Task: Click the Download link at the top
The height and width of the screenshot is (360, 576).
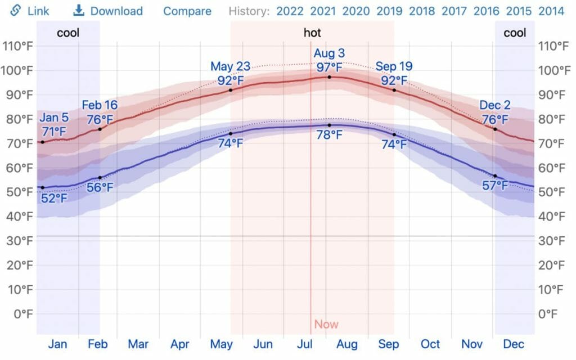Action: [x=109, y=11]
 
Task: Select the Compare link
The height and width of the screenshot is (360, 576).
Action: [x=187, y=11]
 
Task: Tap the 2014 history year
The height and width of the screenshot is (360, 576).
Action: [x=552, y=11]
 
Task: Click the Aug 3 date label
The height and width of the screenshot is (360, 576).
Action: [x=329, y=54]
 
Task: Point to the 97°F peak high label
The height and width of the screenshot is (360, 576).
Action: [x=329, y=67]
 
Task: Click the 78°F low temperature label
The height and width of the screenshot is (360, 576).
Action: [x=329, y=135]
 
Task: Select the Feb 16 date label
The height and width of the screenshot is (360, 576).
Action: [x=100, y=105]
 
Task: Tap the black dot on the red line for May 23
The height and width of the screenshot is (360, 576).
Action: [x=231, y=90]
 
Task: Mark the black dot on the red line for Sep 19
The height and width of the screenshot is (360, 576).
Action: [x=394, y=90]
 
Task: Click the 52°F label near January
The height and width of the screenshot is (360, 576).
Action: [x=55, y=198]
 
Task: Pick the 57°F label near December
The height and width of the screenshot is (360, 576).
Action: [x=495, y=186]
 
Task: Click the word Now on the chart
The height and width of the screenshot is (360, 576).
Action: [x=326, y=325]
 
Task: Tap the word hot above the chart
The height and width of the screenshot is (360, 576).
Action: [x=312, y=33]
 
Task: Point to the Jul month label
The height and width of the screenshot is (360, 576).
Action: [x=304, y=344]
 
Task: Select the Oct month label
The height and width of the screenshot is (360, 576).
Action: [x=430, y=344]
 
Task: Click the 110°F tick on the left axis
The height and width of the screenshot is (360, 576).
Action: [x=18, y=46]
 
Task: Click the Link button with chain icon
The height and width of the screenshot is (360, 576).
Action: [x=32, y=11]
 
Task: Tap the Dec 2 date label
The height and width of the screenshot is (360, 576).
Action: [x=495, y=105]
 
